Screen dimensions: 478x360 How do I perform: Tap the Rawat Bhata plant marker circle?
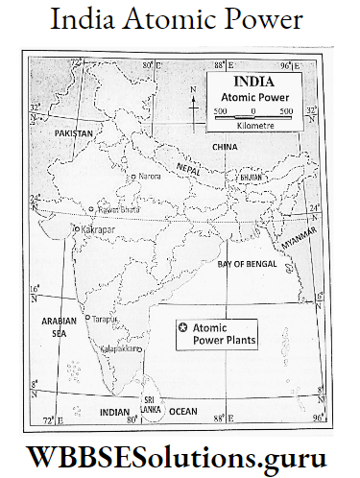tap(91, 208)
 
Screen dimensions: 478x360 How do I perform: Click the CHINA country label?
tap(225, 146)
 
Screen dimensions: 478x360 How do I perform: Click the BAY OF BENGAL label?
tap(248, 262)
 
